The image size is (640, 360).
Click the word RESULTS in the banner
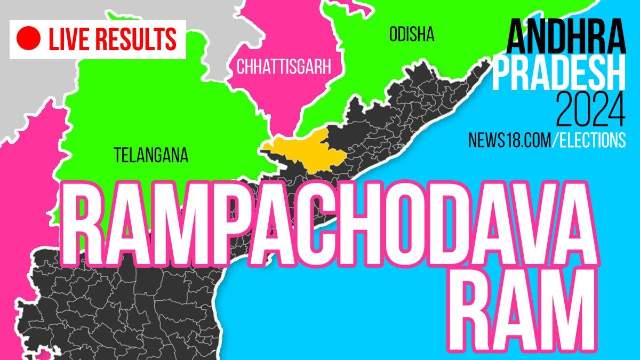tap(138, 39)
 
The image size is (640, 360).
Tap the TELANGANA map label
tap(151, 155)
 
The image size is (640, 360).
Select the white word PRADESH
tap(558, 75)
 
